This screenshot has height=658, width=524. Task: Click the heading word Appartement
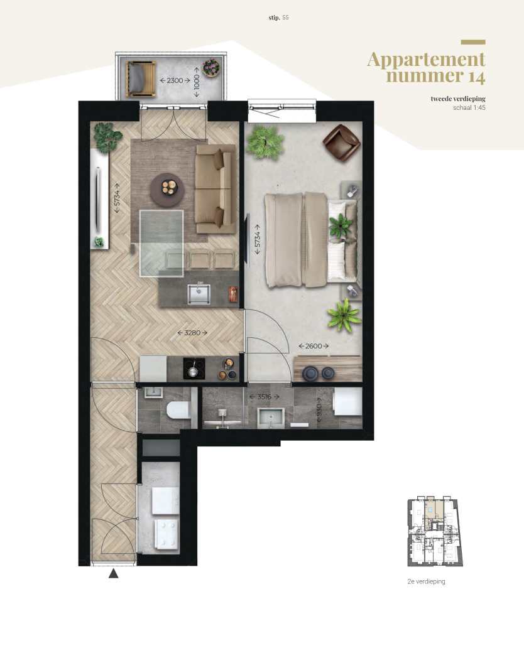coord(426,60)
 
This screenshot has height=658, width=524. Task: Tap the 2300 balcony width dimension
coord(175,80)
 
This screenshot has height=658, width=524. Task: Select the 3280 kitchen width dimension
coord(192,333)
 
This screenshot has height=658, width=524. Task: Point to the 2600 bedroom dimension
coord(314,346)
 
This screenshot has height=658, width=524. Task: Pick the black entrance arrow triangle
coord(114,573)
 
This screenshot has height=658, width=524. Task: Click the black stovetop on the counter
coord(194,369)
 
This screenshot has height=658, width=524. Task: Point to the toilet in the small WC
coord(177,410)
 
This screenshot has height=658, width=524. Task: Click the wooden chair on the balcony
coord(142,78)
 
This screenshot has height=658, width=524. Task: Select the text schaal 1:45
coord(469,107)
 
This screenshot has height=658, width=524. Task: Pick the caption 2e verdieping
coord(427,582)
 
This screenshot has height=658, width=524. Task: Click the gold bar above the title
coord(472,42)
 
